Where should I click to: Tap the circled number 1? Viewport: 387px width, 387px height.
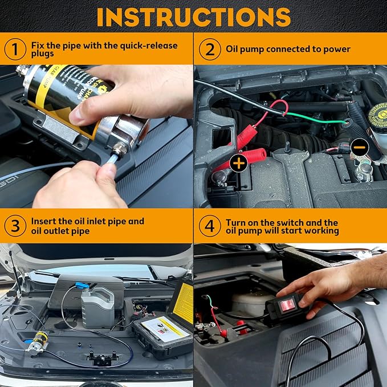[x=15, y=50]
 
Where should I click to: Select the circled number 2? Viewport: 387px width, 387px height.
[x=209, y=50]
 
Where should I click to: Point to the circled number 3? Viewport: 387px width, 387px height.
[x=15, y=226]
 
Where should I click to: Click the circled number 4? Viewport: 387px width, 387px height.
[x=209, y=226]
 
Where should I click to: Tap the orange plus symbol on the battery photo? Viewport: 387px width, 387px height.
[x=239, y=163]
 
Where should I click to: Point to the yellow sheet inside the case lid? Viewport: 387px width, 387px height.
[x=182, y=303]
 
